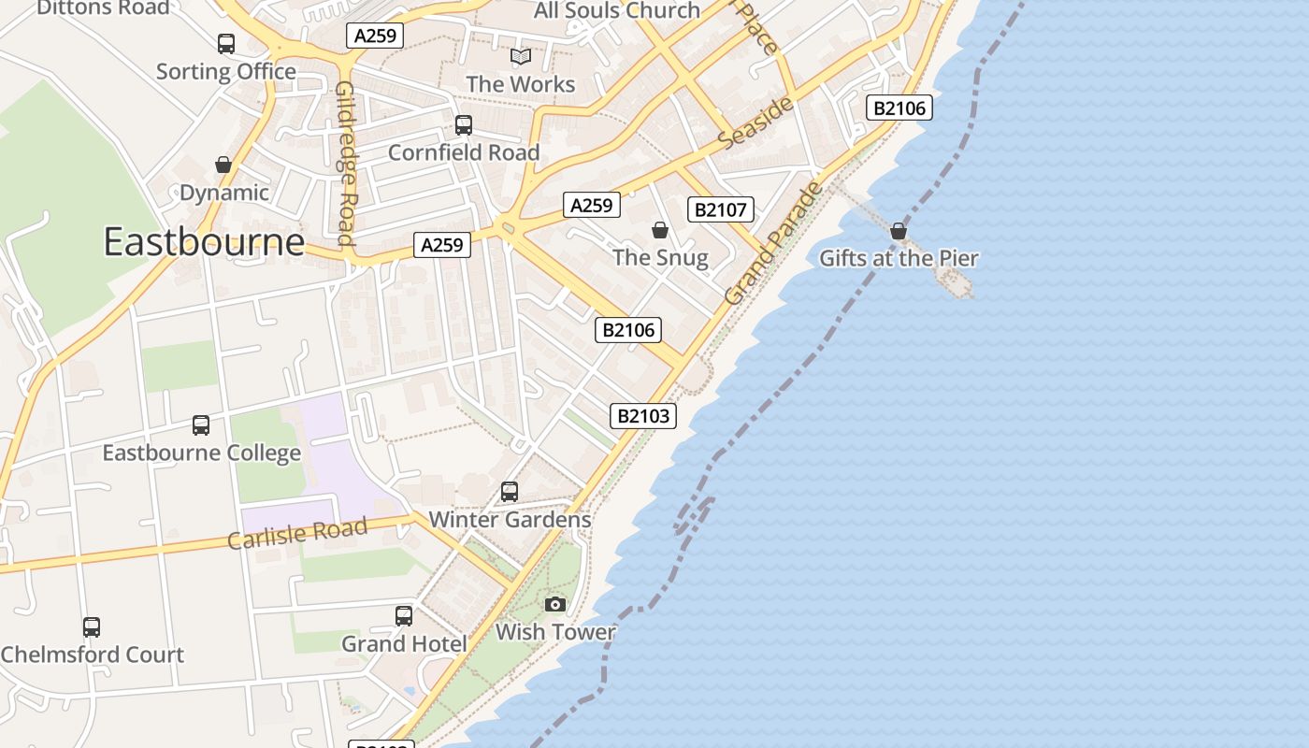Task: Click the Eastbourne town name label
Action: pos(204,242)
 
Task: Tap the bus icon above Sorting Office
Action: pos(226,43)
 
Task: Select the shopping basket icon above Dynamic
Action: pos(223,165)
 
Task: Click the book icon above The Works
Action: pos(521,57)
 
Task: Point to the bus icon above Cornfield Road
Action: pos(464,124)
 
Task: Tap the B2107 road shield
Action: pos(720,209)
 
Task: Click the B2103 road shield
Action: pos(643,415)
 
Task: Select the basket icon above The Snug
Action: pos(660,229)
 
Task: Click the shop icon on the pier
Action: pos(899,230)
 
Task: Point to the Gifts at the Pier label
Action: pos(899,258)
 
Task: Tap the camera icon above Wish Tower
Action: pos(555,604)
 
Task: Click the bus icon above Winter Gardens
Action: pos(510,491)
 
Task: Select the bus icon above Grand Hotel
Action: pos(404,615)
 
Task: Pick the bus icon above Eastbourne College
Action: pos(201,424)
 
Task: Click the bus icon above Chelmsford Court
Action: pos(92,626)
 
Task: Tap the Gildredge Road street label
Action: pos(346,163)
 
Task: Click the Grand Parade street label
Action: pos(774,243)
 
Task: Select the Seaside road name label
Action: pos(757,122)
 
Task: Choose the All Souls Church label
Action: pos(617,11)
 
